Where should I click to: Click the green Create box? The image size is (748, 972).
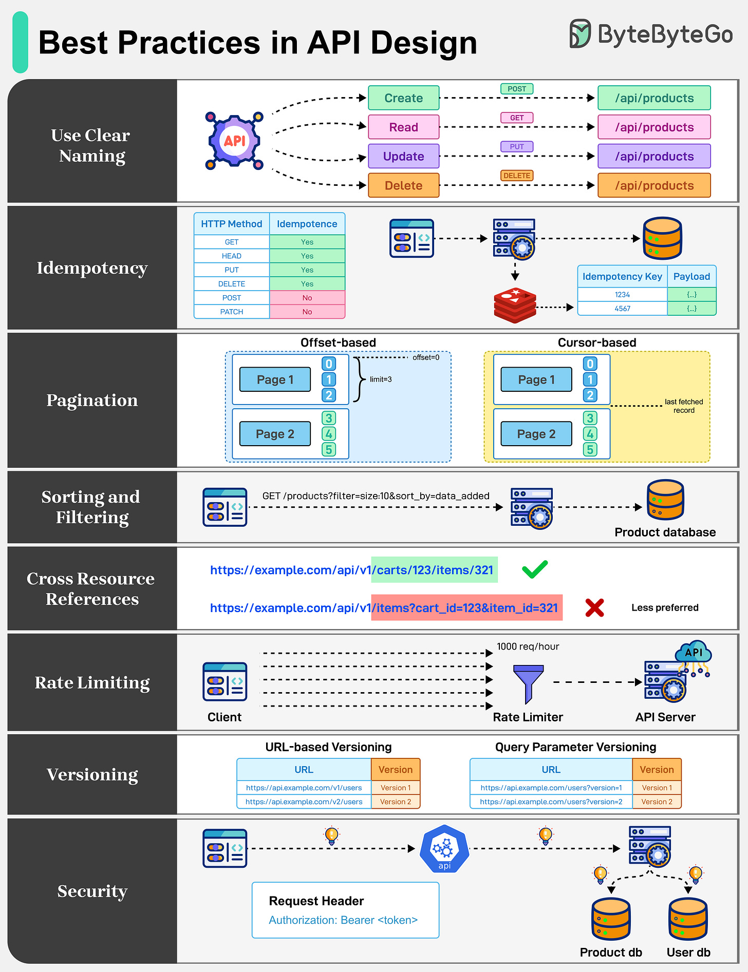(x=403, y=98)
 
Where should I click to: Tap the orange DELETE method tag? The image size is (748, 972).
(x=516, y=176)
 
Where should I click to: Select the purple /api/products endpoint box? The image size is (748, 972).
(x=653, y=156)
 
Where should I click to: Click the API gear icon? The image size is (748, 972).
(x=234, y=141)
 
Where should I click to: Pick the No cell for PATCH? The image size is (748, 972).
(x=307, y=312)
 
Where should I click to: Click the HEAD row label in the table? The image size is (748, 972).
(x=231, y=256)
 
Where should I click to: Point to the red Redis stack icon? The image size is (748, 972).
(x=515, y=305)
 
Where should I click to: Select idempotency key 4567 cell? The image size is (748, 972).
(x=622, y=309)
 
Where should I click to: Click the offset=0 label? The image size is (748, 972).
(x=425, y=357)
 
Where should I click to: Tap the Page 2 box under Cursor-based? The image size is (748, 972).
(x=536, y=434)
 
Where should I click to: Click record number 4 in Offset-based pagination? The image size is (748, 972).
(x=329, y=434)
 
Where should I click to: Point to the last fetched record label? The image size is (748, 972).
(x=683, y=406)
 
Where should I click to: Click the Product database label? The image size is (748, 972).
(x=665, y=532)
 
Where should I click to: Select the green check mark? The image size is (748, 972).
(x=535, y=569)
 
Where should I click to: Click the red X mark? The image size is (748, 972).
(x=594, y=607)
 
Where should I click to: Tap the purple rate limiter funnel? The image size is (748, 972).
(x=528, y=683)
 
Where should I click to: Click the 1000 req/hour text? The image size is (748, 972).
(x=528, y=646)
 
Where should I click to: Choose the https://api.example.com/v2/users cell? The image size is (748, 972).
(x=304, y=802)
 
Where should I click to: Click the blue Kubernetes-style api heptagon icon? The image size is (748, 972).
(x=444, y=849)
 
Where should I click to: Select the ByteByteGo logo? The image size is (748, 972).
(x=650, y=34)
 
